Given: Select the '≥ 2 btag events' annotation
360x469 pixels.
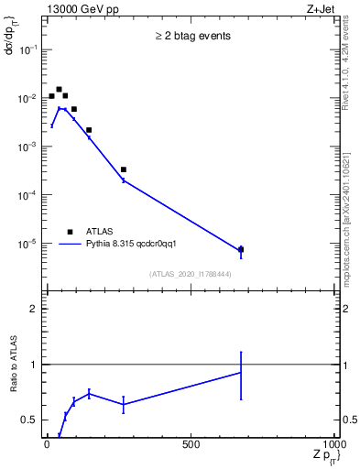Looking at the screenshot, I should pyautogui.click(x=191, y=37).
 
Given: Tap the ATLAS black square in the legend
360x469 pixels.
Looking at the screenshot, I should pyautogui.click(x=70, y=232).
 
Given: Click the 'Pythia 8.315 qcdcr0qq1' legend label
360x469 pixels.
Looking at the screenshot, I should pyautogui.click(x=137, y=245).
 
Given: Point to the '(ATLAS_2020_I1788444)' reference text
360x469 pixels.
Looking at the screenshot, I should pyautogui.click(x=190, y=273).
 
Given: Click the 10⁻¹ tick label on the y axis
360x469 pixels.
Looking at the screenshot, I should pyautogui.click(x=27, y=49).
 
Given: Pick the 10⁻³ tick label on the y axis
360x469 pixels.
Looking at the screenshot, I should pyautogui.click(x=27, y=147).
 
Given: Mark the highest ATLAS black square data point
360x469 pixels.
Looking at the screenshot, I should pyautogui.click(x=59, y=90).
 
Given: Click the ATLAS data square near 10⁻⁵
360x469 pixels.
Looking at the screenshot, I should pyautogui.click(x=241, y=249).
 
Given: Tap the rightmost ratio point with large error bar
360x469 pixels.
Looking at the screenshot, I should pyautogui.click(x=241, y=373).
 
